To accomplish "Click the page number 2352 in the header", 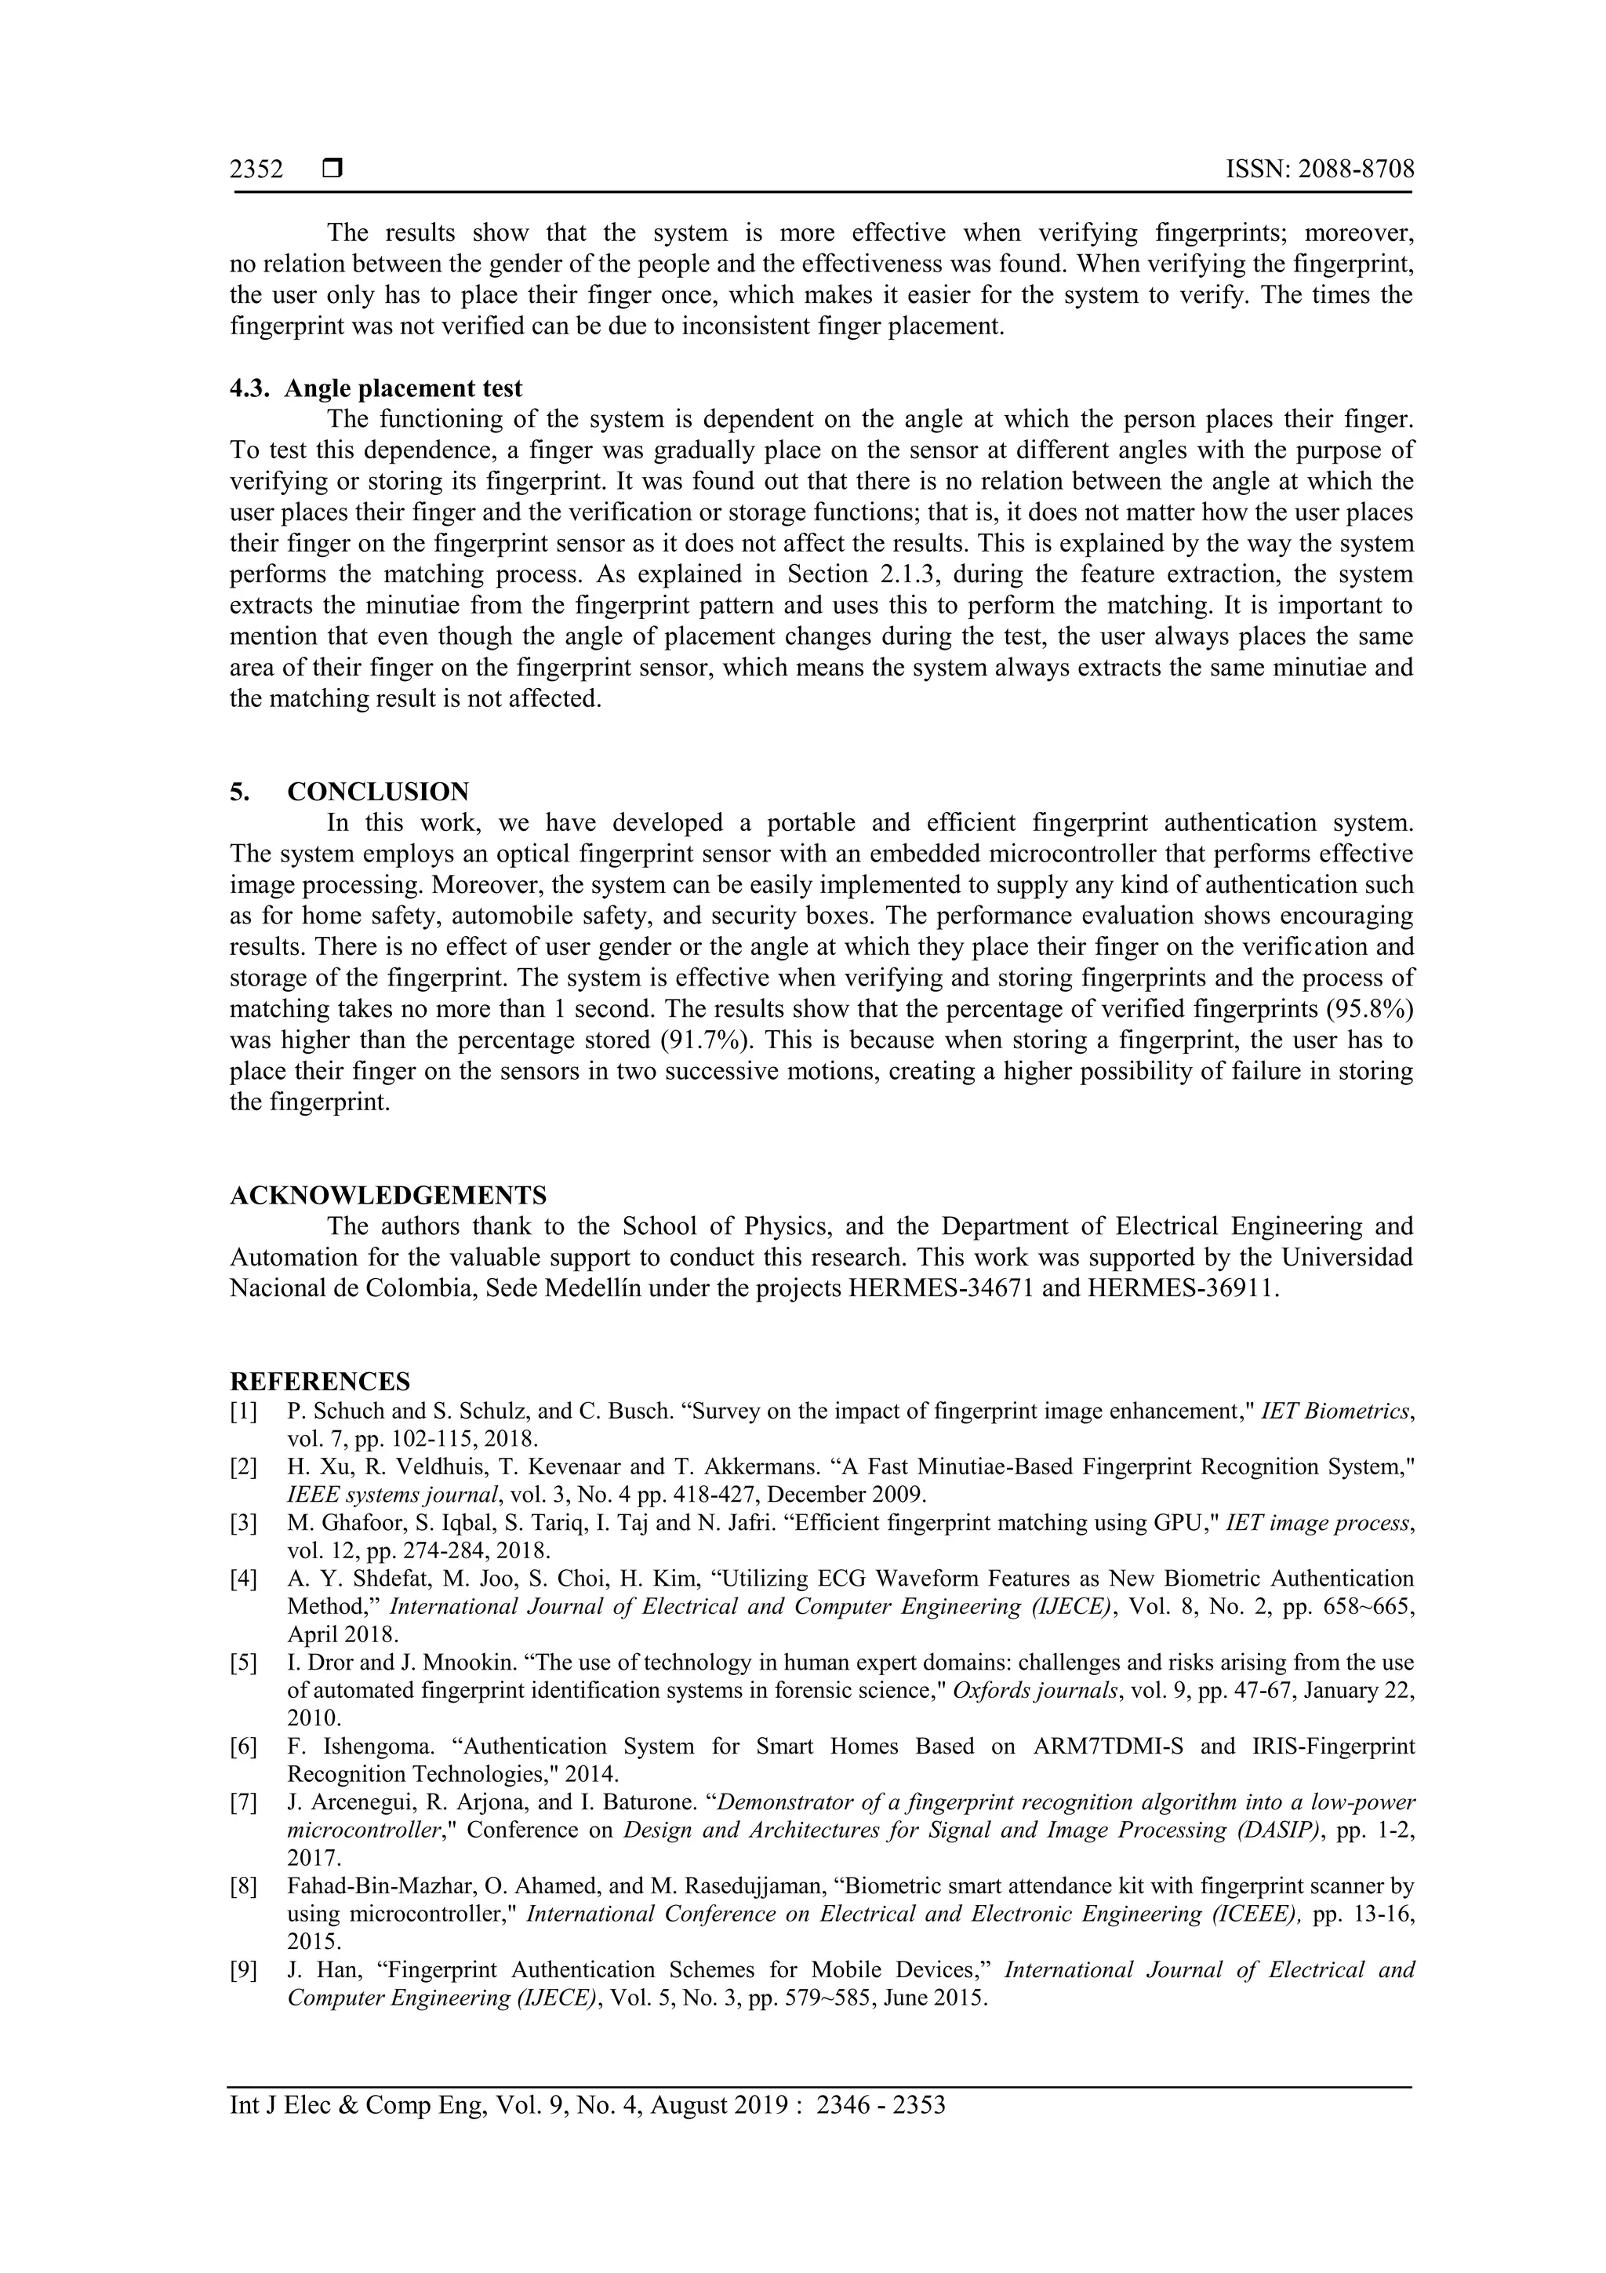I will point(256,169).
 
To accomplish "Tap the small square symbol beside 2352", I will point(332,169).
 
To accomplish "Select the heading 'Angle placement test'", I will point(403,388).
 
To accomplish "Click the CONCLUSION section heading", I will point(378,792).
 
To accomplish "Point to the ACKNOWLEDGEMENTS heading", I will point(388,1195).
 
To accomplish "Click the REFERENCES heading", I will point(320,1381).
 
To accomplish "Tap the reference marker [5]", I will point(243,1662).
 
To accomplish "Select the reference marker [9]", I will point(243,1970).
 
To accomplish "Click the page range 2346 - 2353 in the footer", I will point(881,2133).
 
